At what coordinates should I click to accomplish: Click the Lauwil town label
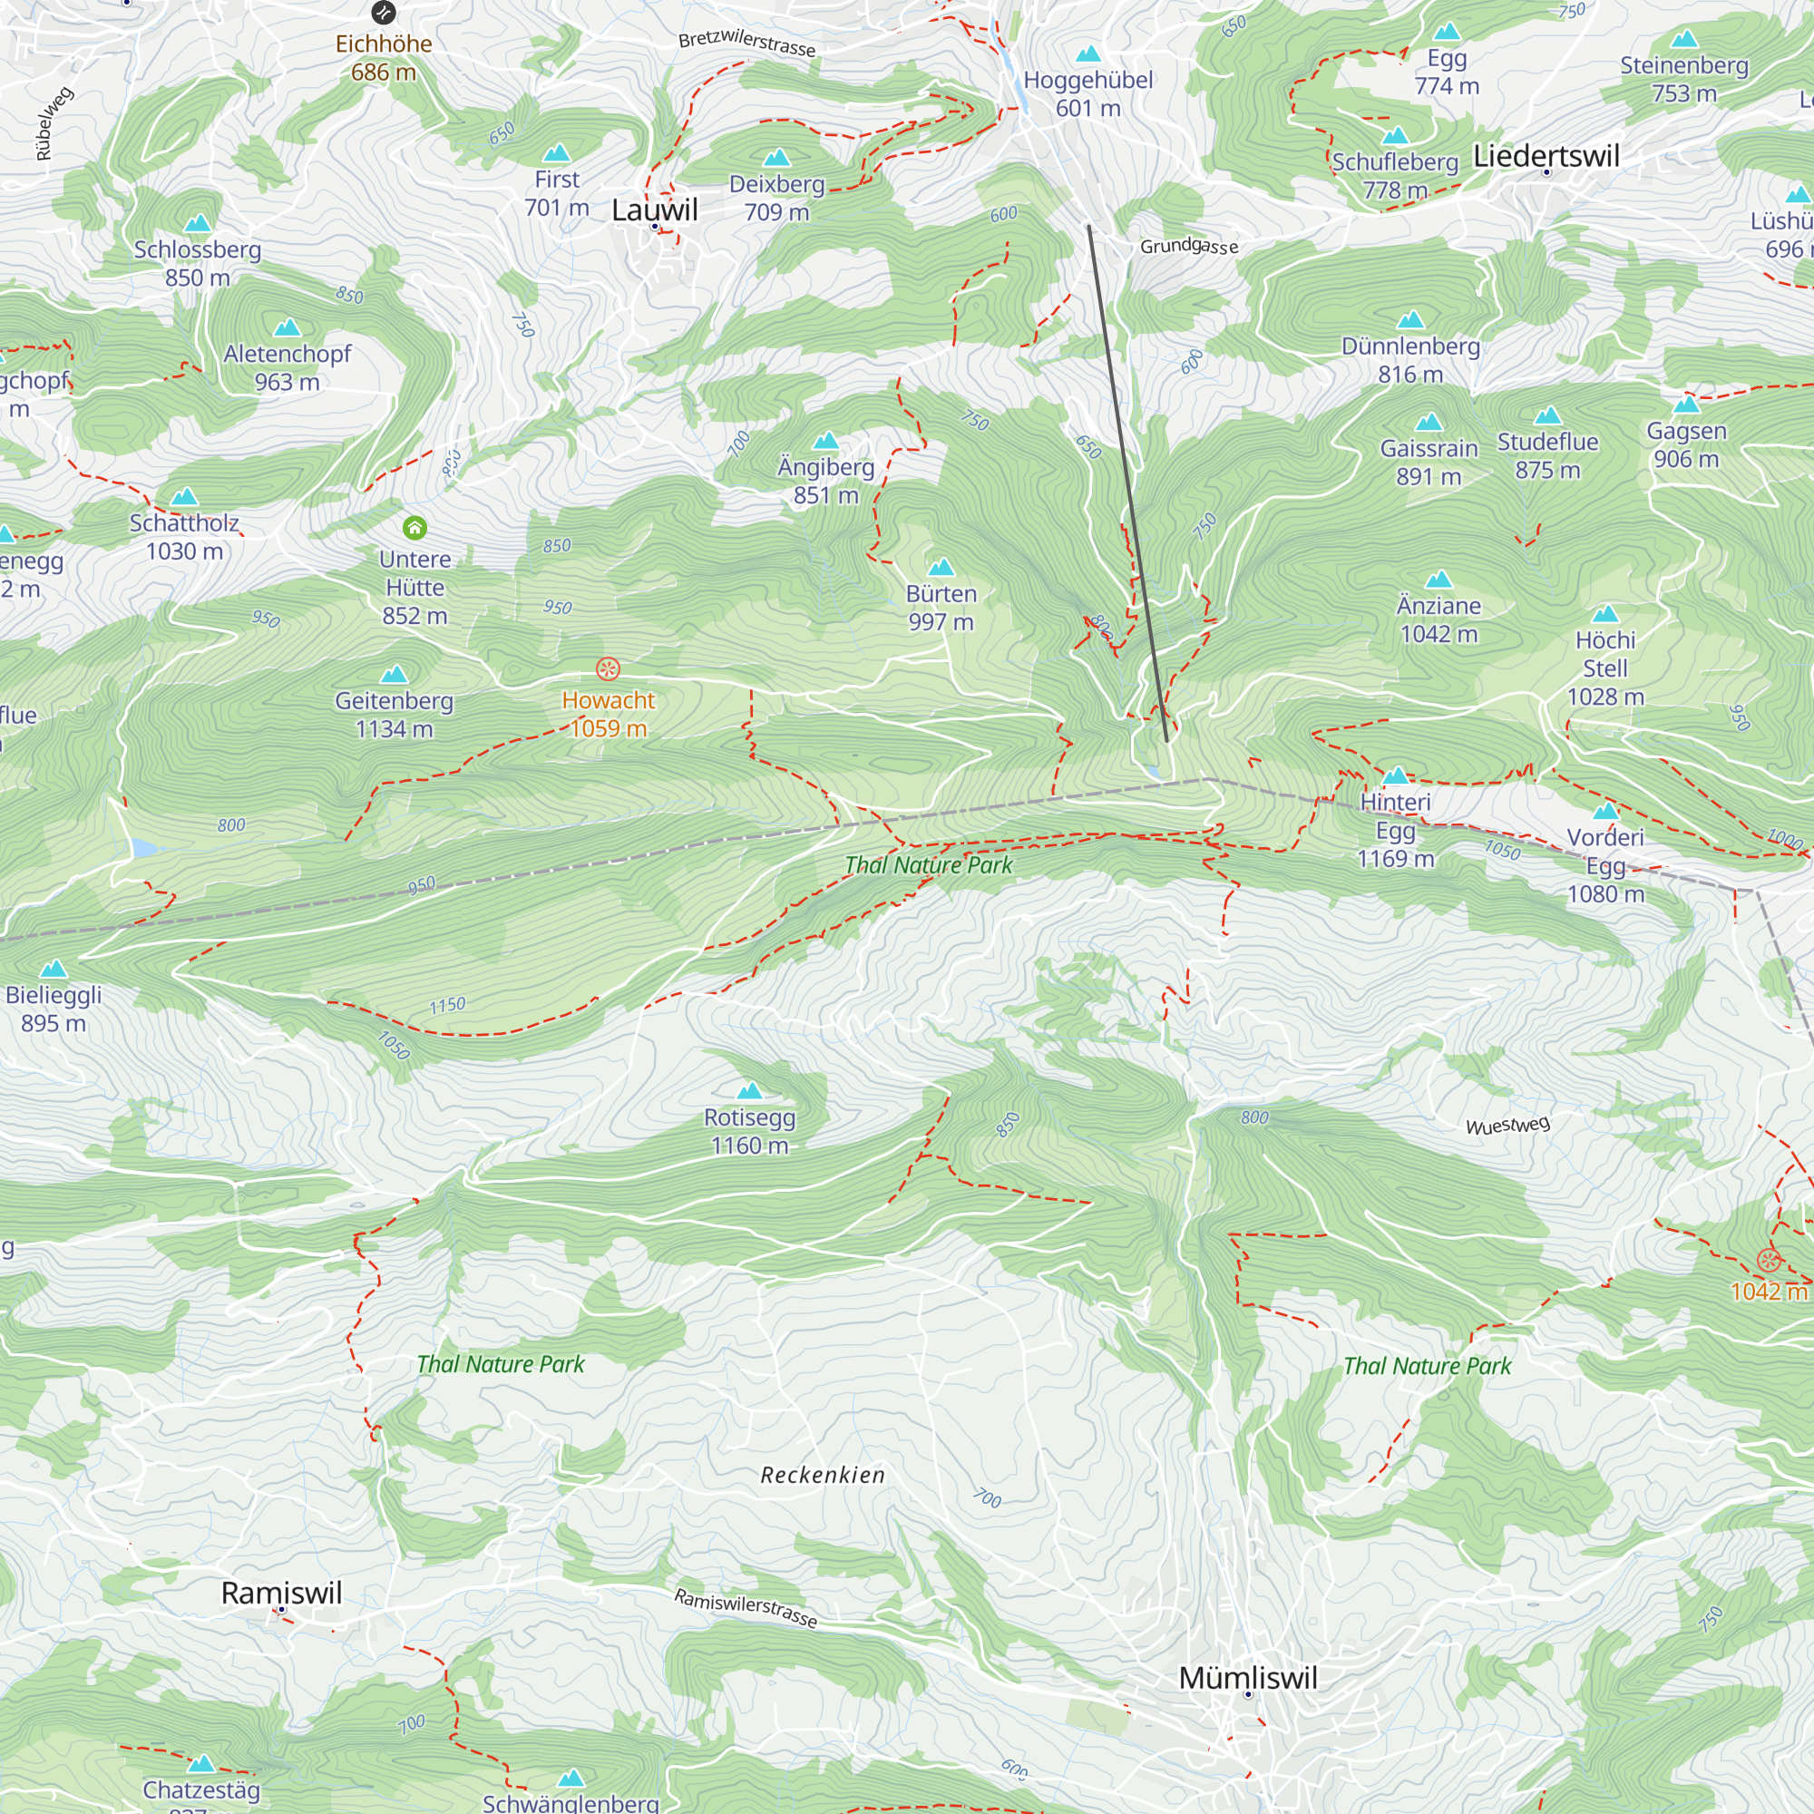[x=655, y=210]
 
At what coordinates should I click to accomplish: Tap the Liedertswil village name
[x=1546, y=156]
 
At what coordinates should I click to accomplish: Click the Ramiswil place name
[x=282, y=1593]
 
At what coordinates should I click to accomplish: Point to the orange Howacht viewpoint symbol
[x=608, y=668]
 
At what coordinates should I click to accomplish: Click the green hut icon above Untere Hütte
[x=414, y=528]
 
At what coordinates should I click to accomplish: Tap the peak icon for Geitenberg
[x=394, y=674]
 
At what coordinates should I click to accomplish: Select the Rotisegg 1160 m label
[x=749, y=1131]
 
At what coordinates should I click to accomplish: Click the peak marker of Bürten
[x=941, y=567]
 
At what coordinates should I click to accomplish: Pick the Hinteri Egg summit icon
[x=1395, y=775]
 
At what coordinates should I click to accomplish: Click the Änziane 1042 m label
[x=1438, y=619]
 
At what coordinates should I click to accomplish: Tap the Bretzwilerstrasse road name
[x=746, y=44]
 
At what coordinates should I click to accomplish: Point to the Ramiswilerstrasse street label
[x=746, y=1606]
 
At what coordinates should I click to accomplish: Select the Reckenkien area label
[x=823, y=1475]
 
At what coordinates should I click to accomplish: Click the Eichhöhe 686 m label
[x=383, y=57]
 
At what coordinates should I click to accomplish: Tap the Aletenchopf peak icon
[x=287, y=327]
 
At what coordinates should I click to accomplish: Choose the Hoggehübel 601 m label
[x=1087, y=94]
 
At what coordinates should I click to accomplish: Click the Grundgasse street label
[x=1189, y=247]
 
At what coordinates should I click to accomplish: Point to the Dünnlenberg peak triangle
[x=1410, y=320]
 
